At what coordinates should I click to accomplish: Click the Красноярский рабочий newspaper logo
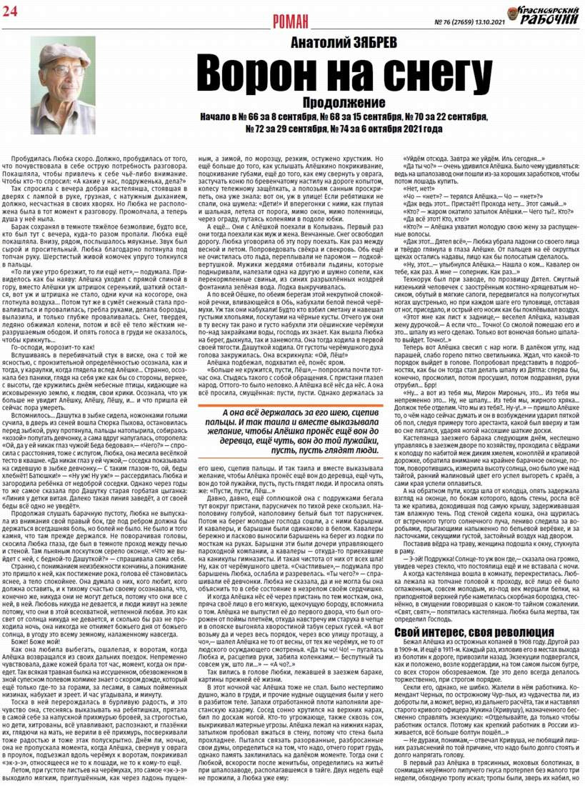click(542, 14)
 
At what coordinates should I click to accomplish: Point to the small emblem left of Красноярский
click(513, 14)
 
